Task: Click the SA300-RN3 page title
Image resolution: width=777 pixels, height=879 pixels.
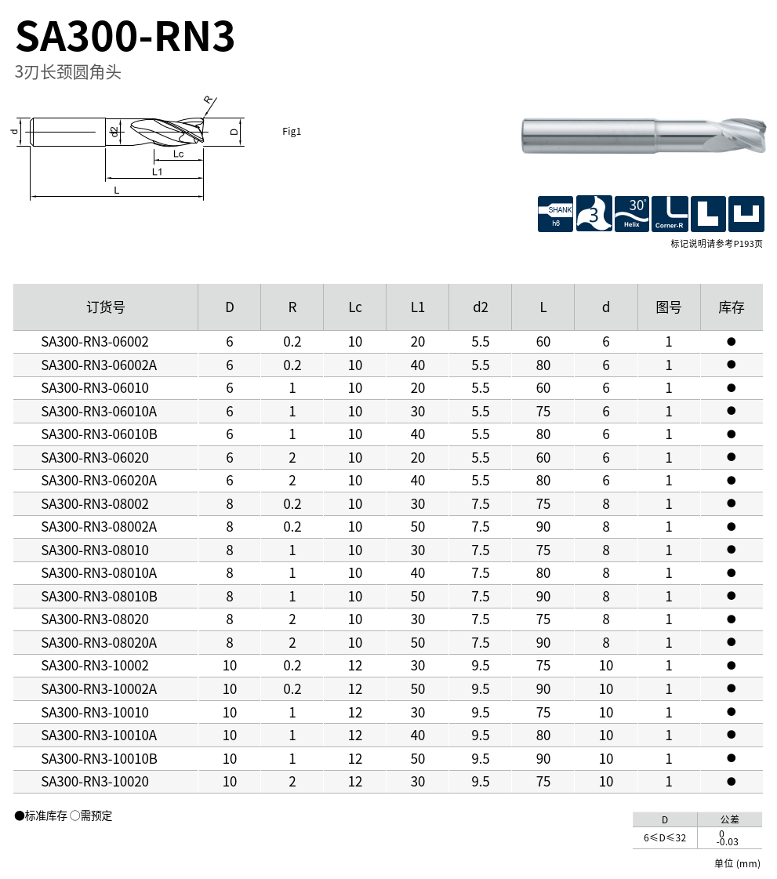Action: [x=125, y=36]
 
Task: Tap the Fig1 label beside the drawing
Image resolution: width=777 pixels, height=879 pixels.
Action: [x=292, y=132]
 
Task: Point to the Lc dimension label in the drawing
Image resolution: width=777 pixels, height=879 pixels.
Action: [x=178, y=154]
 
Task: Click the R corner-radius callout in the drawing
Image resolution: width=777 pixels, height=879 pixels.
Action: [x=208, y=100]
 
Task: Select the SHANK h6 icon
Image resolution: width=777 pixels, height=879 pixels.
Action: [x=555, y=214]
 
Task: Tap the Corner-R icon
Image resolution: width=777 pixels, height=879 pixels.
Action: [x=670, y=214]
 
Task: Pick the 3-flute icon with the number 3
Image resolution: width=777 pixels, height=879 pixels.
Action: [x=594, y=214]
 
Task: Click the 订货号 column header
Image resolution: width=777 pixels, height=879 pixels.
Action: [x=105, y=307]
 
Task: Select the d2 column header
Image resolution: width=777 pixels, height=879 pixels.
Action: [x=480, y=307]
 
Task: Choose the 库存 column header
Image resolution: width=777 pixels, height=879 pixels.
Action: [x=731, y=307]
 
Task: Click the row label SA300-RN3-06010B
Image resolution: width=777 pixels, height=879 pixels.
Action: [x=100, y=434]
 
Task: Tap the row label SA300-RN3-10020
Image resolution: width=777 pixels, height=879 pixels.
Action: [x=95, y=782]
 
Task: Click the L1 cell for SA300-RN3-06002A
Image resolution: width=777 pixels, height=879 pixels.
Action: [x=418, y=365]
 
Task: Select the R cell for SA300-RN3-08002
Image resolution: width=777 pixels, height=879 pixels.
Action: [x=292, y=504]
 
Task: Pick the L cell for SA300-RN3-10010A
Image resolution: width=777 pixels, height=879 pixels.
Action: [x=543, y=736]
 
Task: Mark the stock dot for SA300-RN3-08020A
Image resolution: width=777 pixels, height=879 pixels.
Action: [x=731, y=642]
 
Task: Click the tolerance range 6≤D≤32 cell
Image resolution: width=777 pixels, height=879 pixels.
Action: [x=665, y=837]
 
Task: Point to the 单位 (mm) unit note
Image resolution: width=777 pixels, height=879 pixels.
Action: [x=737, y=863]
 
